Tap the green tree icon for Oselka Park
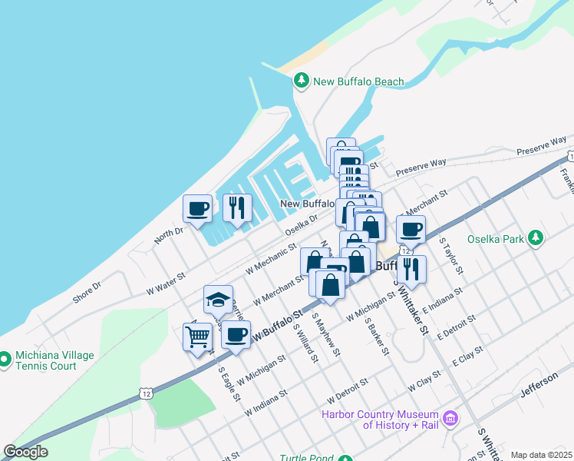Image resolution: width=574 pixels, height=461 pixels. point(537,237)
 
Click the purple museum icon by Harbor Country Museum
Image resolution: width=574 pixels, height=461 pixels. point(451,419)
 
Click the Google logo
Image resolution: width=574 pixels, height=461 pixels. point(25,452)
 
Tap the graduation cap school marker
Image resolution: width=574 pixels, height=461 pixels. point(218,300)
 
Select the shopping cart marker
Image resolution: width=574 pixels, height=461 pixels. point(197,336)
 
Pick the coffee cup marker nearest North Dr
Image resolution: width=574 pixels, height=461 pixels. point(198,208)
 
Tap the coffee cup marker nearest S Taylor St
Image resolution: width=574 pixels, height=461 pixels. point(411,229)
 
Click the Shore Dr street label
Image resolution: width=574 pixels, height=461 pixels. point(87,291)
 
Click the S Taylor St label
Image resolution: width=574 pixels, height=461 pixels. point(450,255)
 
